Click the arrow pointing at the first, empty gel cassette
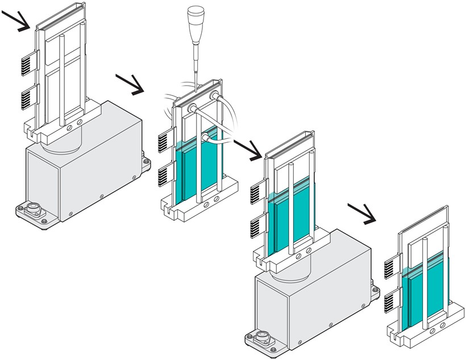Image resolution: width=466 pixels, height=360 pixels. tap(17, 19)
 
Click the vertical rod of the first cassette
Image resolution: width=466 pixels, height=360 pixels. tap(62, 80)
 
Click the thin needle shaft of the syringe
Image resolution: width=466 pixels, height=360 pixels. tap(194, 63)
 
